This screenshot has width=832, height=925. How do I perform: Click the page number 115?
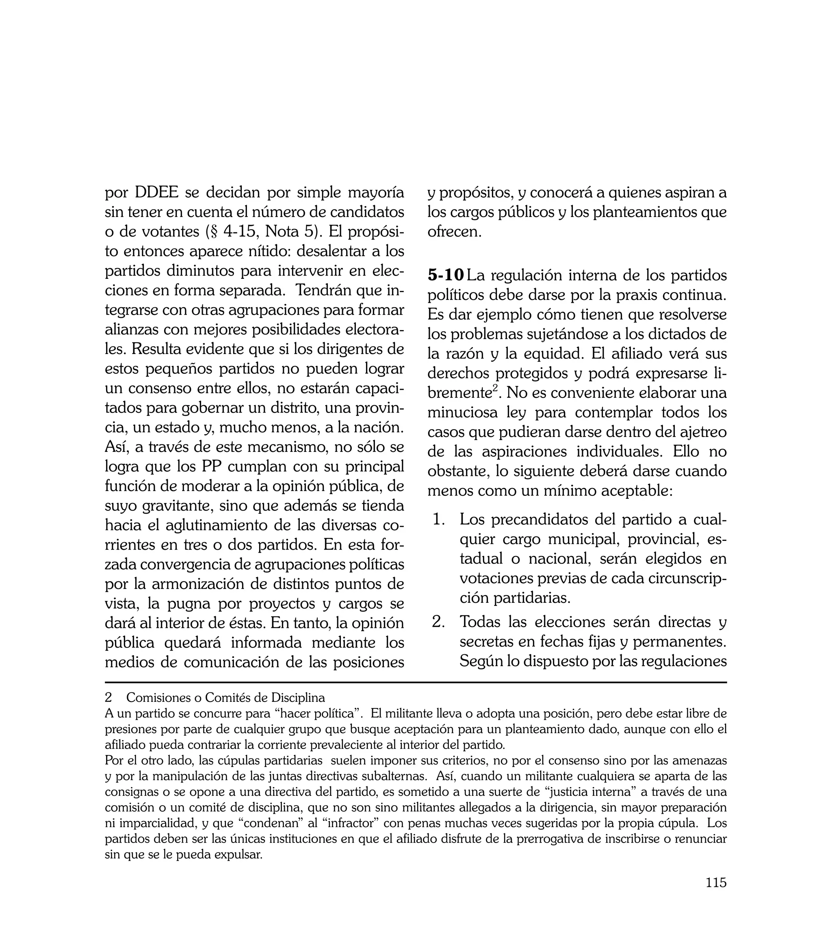coord(715,895)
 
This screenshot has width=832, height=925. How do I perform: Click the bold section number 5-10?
coord(445,275)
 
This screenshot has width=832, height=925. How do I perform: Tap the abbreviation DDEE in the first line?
coord(156,193)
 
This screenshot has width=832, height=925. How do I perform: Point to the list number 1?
coord(438,520)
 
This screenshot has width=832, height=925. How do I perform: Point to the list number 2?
coord(438,622)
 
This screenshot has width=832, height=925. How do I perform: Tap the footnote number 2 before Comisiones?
coord(108,698)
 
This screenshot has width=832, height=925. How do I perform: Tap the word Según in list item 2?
coord(479,661)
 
